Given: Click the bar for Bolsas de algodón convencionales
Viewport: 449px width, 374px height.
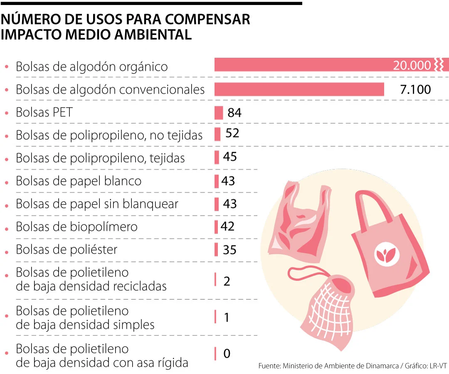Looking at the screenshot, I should pos(299,89).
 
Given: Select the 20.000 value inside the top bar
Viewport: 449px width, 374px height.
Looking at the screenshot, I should pos(412,65).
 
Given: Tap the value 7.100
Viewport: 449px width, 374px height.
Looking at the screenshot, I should pos(415,89).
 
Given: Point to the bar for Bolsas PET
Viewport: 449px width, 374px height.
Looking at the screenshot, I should pos(219,113).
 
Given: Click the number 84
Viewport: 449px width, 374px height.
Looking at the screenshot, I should pos(234,113).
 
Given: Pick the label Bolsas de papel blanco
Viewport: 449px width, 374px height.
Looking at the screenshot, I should pos(79,181).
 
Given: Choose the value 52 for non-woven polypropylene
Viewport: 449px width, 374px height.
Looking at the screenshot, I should pos(232,133).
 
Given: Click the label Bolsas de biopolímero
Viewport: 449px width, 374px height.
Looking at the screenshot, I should pos(76,227).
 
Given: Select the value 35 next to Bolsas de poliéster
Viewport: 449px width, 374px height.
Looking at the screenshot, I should pos(229,250).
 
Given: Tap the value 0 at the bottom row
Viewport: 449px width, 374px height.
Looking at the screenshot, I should pos(227,354).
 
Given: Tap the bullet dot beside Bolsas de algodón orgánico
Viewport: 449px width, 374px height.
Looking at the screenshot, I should pos(6,66).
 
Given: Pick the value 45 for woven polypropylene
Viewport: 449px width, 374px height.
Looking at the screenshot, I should pos(229,157).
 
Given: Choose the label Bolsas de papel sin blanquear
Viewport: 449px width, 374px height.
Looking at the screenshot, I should pos(97,204).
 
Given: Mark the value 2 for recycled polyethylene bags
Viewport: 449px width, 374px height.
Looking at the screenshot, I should pos(227,281).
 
